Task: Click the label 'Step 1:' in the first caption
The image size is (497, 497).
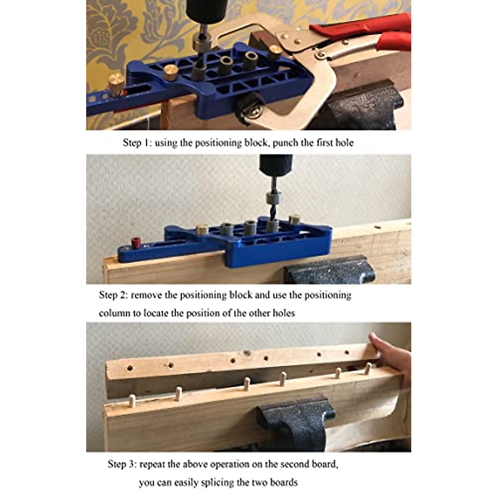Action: tap(137, 143)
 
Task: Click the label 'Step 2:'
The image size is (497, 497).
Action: tap(113, 295)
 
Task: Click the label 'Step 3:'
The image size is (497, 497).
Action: tap(122, 464)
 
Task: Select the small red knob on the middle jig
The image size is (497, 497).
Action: tap(135, 241)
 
